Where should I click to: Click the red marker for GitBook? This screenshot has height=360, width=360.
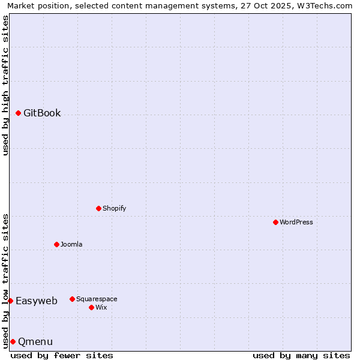point(19,113)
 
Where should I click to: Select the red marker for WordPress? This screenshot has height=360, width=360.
point(275,222)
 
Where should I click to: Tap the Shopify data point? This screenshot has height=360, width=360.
point(99,208)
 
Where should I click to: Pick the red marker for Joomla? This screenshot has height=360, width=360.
point(57,244)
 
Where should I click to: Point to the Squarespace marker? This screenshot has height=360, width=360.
point(72,299)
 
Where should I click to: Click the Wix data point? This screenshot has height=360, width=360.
point(91,307)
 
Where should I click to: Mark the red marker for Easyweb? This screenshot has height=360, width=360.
point(10,301)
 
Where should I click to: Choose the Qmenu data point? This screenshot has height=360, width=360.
point(13,341)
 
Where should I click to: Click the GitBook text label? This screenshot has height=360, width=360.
point(42,113)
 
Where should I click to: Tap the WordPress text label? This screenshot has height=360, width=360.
point(296,222)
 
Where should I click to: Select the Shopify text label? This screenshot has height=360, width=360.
point(114,208)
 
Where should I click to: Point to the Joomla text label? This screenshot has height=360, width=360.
point(71,244)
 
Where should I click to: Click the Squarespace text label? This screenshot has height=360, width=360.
point(97,299)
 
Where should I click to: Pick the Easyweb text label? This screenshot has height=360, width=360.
point(37,301)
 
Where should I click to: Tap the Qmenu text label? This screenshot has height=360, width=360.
point(35,341)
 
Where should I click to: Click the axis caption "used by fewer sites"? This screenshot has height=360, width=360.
point(62,355)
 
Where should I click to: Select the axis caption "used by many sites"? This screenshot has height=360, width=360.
point(301,355)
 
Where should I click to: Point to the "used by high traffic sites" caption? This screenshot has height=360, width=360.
point(5,85)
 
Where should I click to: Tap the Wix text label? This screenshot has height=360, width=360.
point(101,307)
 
